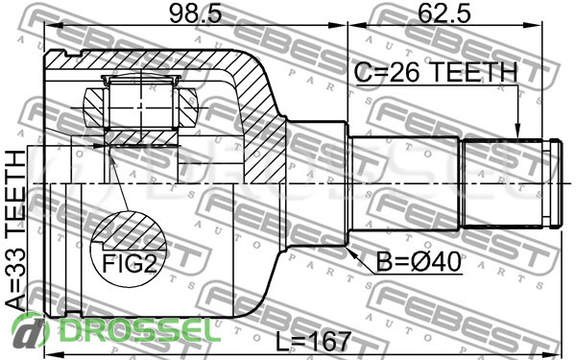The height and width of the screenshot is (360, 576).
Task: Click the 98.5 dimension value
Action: (196, 13)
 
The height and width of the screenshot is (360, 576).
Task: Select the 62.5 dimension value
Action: (444, 13)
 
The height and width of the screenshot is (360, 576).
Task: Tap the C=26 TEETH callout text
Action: (436, 72)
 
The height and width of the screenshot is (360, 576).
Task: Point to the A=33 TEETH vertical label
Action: (15, 230)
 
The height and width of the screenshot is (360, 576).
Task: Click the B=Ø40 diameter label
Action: (419, 262)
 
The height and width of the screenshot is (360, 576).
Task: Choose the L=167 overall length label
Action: (313, 341)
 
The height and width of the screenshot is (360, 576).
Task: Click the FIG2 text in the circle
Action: (130, 263)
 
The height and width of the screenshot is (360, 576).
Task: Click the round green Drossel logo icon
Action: (30, 331)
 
